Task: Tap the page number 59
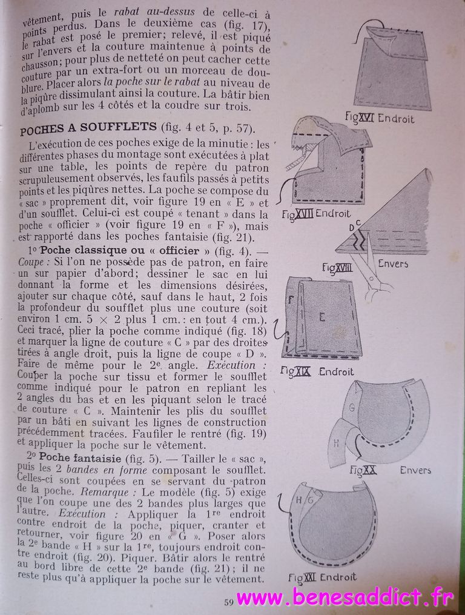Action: click(x=229, y=602)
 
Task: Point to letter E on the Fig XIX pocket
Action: click(x=322, y=316)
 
